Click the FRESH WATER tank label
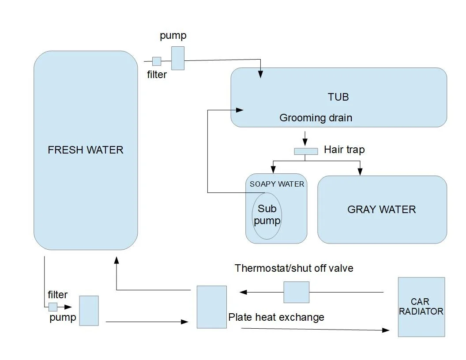click(x=86, y=150)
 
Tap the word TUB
click(x=338, y=97)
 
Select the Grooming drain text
click(x=316, y=118)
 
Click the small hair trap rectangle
click(x=306, y=151)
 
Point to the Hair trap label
click(x=344, y=150)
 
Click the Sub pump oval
click(x=267, y=216)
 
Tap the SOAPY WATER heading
click(x=277, y=184)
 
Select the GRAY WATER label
click(x=382, y=210)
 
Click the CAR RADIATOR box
click(x=421, y=307)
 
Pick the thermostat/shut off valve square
click(x=296, y=292)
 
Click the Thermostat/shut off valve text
click(x=294, y=268)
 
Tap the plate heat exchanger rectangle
click(x=212, y=307)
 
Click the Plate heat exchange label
click(x=276, y=317)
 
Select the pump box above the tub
click(x=178, y=58)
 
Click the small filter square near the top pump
click(x=157, y=61)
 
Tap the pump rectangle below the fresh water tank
click(x=89, y=311)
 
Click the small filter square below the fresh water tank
click(x=53, y=307)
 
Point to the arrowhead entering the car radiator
click(x=386, y=330)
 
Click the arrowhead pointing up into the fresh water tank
click(x=116, y=260)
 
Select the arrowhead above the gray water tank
click(x=360, y=172)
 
